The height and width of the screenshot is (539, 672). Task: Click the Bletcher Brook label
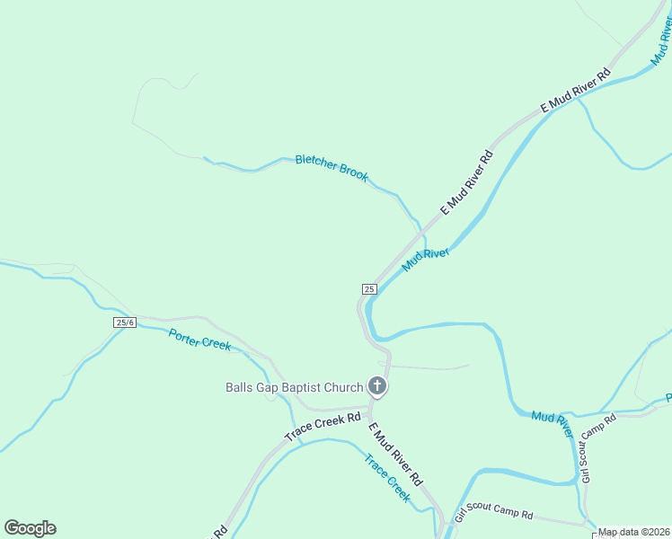332,167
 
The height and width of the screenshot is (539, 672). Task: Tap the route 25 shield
369,288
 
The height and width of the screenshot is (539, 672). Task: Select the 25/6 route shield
125,323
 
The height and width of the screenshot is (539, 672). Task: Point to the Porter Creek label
199,340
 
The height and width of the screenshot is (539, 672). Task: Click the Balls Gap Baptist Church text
294,387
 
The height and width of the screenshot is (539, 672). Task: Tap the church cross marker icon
377,387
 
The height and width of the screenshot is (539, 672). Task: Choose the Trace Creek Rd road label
323,427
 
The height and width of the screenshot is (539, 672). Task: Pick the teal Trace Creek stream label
387,477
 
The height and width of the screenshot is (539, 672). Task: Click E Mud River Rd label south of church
395,455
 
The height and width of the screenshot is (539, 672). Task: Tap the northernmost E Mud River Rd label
575,90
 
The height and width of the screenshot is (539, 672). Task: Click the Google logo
30,528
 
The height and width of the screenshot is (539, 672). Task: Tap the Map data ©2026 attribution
634,532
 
